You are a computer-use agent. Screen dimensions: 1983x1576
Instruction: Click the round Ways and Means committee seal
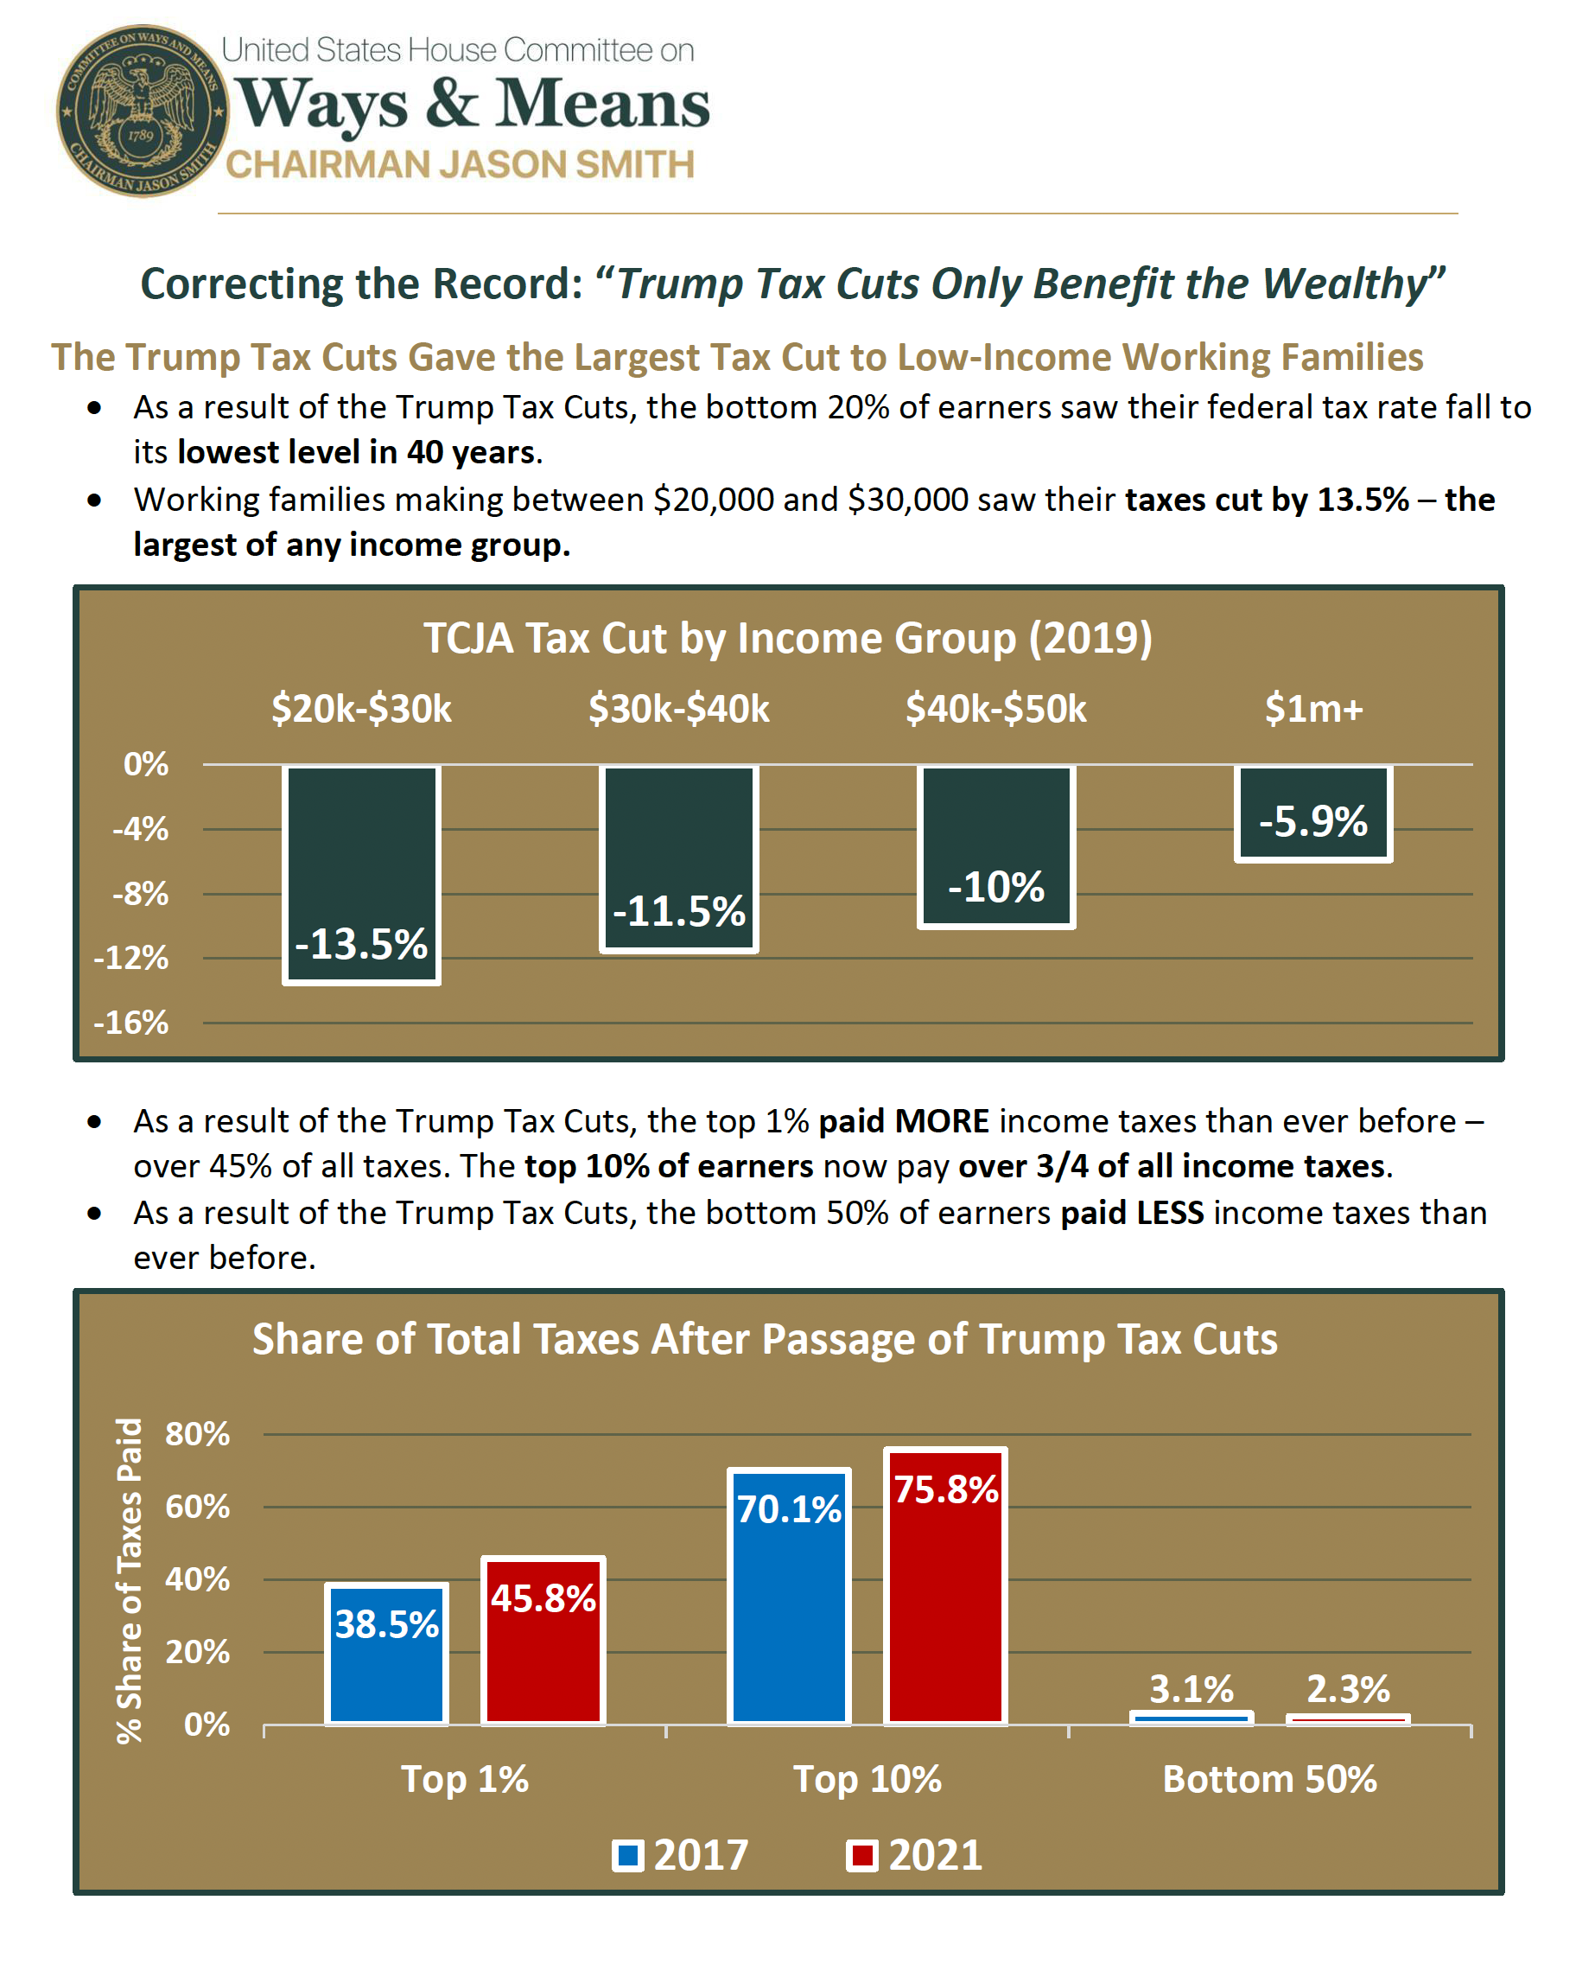tap(141, 111)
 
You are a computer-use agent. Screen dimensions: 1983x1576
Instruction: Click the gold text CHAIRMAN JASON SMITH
tap(460, 164)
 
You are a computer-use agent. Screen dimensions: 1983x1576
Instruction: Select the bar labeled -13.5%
tap(361, 874)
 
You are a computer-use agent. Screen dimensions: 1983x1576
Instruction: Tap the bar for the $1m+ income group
tap(1312, 813)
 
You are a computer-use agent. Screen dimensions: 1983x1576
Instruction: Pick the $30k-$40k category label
tap(678, 709)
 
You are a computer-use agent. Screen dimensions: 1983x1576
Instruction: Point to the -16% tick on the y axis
tap(131, 1023)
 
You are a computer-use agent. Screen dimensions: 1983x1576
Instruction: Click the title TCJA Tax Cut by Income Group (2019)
tap(787, 638)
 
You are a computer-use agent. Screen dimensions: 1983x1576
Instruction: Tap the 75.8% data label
tap(946, 1489)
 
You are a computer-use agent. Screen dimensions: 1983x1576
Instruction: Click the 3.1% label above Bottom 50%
tap(1191, 1689)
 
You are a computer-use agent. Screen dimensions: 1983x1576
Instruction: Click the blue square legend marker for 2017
tap(628, 1855)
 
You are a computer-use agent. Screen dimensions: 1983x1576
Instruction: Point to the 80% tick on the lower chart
tap(197, 1434)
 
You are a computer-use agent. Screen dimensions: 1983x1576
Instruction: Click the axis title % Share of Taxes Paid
tap(129, 1580)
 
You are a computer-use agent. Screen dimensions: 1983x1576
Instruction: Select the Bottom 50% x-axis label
tap(1269, 1779)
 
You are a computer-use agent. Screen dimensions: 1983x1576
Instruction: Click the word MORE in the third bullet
tap(942, 1121)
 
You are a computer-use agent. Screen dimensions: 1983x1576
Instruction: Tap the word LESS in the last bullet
tap(1170, 1213)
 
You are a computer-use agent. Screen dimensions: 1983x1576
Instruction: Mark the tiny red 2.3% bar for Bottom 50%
tap(1347, 1719)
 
